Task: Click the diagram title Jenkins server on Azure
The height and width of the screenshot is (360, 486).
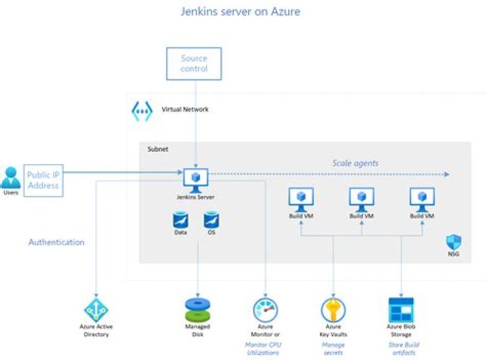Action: (x=240, y=11)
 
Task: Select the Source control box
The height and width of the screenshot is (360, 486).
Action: (x=194, y=63)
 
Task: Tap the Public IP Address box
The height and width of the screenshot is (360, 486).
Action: (x=43, y=180)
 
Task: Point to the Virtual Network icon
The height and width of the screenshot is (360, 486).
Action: (x=142, y=110)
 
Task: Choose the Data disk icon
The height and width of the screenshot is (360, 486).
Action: (x=180, y=220)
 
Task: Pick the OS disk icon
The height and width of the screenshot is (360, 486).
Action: (x=211, y=220)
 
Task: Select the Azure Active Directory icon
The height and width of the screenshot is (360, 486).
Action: (x=95, y=309)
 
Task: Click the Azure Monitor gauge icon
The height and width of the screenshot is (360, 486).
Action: (x=265, y=309)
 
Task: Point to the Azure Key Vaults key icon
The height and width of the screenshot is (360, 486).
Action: (x=333, y=309)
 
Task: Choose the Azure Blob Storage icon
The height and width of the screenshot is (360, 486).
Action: (x=401, y=309)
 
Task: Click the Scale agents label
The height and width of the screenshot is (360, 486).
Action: (x=355, y=163)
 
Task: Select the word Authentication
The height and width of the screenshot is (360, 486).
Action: (x=56, y=242)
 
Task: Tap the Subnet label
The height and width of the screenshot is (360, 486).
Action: (x=158, y=149)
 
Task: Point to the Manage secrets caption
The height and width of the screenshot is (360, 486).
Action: (x=333, y=349)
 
